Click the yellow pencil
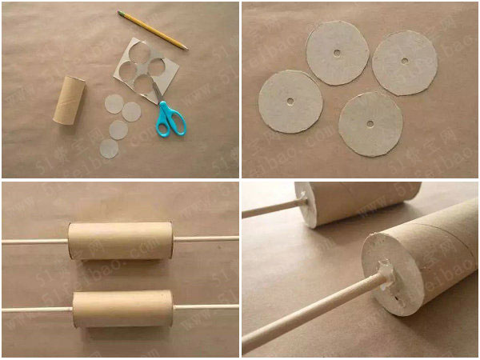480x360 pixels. click(152, 30)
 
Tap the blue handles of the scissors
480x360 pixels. click(170, 120)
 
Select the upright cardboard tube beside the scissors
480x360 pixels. click(70, 100)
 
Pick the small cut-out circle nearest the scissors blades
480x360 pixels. click(130, 111)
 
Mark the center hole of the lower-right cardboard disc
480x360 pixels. click(370, 124)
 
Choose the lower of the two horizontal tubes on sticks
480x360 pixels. click(122, 308)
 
